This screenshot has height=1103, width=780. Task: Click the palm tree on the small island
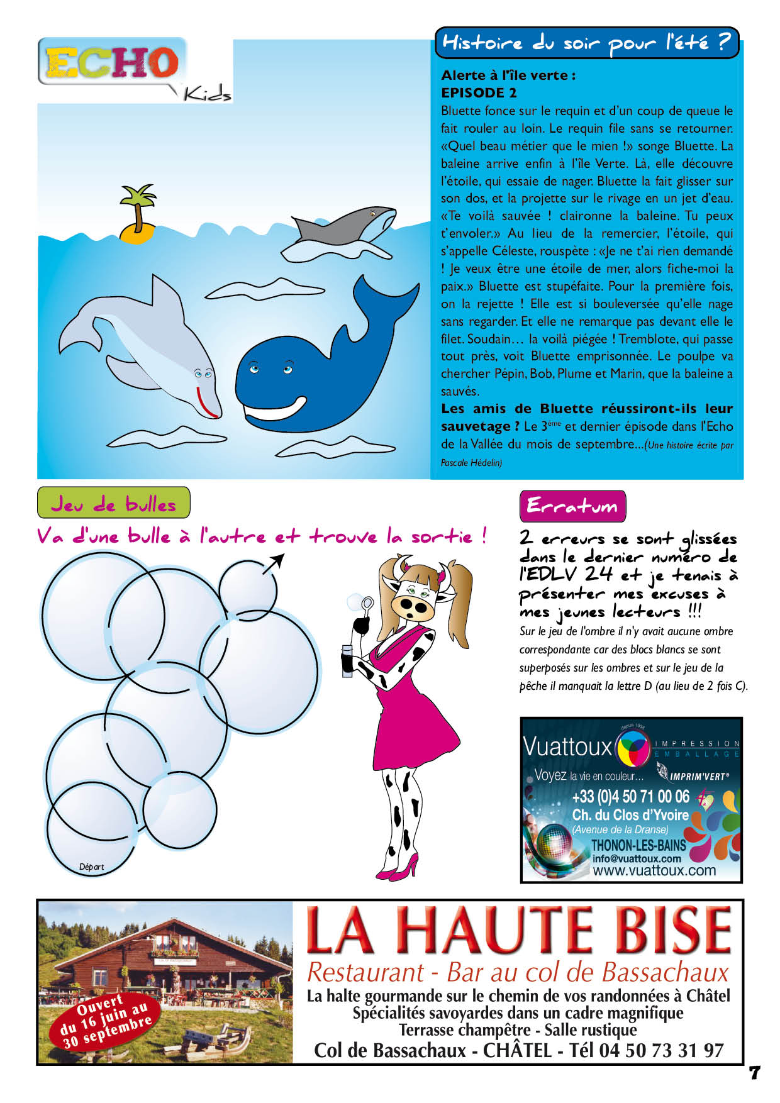click(138, 202)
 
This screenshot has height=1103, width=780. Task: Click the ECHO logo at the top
click(112, 63)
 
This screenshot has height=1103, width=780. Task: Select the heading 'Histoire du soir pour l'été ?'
click(586, 43)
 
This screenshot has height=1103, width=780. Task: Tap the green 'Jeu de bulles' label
click(113, 504)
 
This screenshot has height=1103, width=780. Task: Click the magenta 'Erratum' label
click(572, 506)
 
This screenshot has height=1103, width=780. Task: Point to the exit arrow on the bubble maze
click(273, 563)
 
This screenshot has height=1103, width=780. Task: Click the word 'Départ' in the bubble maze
click(92, 867)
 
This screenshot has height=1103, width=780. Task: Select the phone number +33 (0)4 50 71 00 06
click(630, 797)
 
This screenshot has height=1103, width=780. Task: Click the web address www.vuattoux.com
click(654, 871)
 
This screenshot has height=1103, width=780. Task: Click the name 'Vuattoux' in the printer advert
click(567, 747)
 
